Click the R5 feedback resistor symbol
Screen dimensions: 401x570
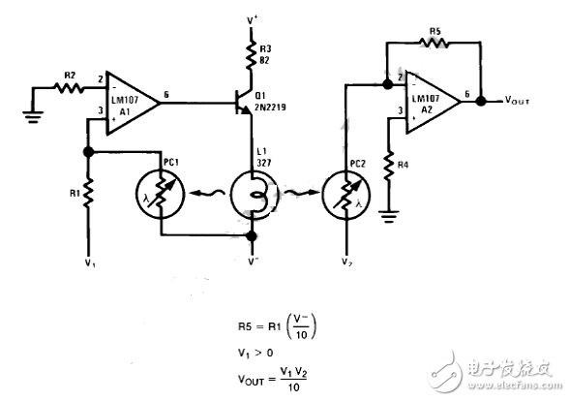[x=433, y=44]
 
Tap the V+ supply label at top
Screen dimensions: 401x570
[x=254, y=18]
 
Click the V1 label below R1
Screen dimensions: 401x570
[x=88, y=261]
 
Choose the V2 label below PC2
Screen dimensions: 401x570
[x=345, y=262]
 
